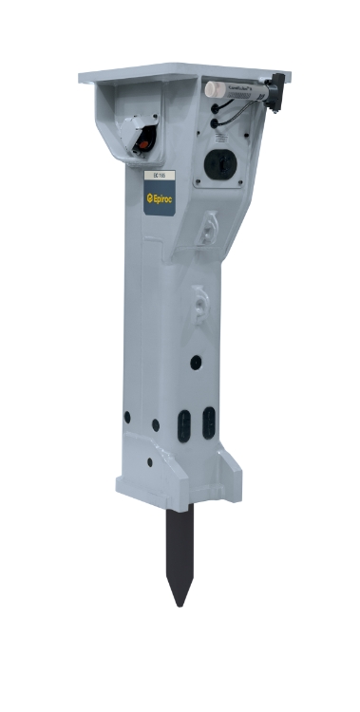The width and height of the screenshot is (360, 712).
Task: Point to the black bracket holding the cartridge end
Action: (x=275, y=91)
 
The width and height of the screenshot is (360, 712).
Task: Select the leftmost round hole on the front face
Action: (x=125, y=416)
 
